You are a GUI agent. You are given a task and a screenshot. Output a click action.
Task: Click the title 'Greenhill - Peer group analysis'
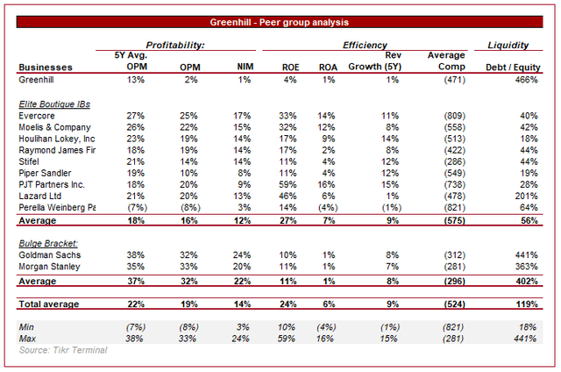[x=279, y=22]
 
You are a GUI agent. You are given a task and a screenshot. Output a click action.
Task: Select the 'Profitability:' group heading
[x=175, y=45]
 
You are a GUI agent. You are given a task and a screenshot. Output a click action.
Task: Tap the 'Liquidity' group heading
[x=508, y=45]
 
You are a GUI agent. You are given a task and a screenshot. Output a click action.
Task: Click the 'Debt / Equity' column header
[x=513, y=68]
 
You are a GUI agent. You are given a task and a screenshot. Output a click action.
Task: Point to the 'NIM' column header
[x=245, y=67]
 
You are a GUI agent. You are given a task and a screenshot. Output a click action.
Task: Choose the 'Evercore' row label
[x=37, y=116]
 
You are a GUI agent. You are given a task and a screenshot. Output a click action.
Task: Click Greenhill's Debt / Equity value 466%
[x=526, y=80]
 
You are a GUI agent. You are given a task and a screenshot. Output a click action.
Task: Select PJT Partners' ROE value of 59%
[x=288, y=185]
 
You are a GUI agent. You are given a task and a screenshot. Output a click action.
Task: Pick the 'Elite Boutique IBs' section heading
[x=54, y=104]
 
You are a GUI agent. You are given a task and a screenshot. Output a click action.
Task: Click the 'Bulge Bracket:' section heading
[x=48, y=243]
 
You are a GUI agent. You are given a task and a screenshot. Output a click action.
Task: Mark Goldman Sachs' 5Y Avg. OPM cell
[x=135, y=255]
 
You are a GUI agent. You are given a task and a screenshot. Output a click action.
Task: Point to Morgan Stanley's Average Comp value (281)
[x=454, y=267]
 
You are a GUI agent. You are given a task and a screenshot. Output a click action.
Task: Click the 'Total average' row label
[x=49, y=304]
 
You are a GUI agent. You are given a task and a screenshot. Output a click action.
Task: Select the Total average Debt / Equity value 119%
[x=527, y=304]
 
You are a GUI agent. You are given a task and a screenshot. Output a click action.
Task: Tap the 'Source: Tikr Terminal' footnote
[x=63, y=350]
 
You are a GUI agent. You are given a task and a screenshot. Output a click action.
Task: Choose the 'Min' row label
[x=26, y=327]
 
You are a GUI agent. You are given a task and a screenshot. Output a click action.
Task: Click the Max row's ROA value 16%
[x=325, y=339]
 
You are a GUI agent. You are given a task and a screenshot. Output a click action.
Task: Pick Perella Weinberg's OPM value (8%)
[x=190, y=208]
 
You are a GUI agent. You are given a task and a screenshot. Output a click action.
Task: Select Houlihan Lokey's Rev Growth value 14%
[x=389, y=139]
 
